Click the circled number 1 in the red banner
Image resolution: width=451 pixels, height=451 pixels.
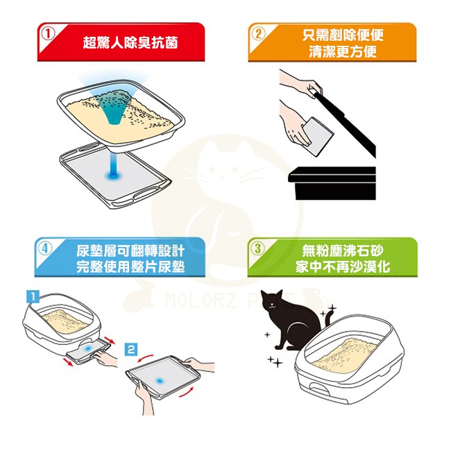pyautogui.click(x=48, y=34)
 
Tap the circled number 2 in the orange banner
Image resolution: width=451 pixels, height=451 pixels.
pyautogui.click(x=258, y=34)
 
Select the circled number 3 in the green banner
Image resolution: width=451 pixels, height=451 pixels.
pyautogui.click(x=257, y=248)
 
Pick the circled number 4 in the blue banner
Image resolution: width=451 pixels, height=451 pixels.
pyautogui.click(x=45, y=248)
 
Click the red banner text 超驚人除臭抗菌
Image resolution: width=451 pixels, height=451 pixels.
pyautogui.click(x=130, y=42)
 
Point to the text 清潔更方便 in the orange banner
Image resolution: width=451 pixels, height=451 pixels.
pyautogui.click(x=343, y=52)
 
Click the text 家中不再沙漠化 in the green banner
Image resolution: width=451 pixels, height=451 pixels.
pyautogui.click(x=343, y=266)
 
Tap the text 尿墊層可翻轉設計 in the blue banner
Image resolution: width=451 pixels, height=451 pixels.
pyautogui.click(x=130, y=251)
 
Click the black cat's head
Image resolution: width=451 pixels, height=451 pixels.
pyautogui.click(x=272, y=302)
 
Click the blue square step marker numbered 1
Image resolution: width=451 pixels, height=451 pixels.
pyautogui.click(x=33, y=296)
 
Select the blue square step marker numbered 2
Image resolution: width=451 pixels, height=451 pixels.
pyautogui.click(x=131, y=349)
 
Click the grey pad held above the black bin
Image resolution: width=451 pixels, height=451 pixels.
pyautogui.click(x=318, y=136)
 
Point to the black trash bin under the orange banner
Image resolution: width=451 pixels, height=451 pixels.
pyautogui.click(x=332, y=183)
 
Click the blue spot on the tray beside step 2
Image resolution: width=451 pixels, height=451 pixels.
pyautogui.click(x=159, y=380)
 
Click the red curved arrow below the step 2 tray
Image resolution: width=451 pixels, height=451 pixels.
pyautogui.click(x=187, y=392)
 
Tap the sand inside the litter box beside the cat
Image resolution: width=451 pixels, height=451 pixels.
pyautogui.click(x=343, y=355)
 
